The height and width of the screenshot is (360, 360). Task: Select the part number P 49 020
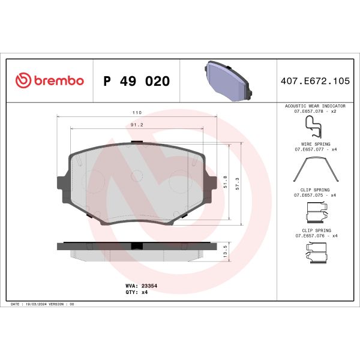click(x=137, y=81)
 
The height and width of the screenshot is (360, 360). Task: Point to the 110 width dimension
click(x=137, y=112)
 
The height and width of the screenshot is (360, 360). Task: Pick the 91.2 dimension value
click(x=137, y=125)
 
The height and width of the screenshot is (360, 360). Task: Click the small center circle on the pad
click(x=137, y=176)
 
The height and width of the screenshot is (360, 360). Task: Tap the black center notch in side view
click(x=137, y=246)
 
